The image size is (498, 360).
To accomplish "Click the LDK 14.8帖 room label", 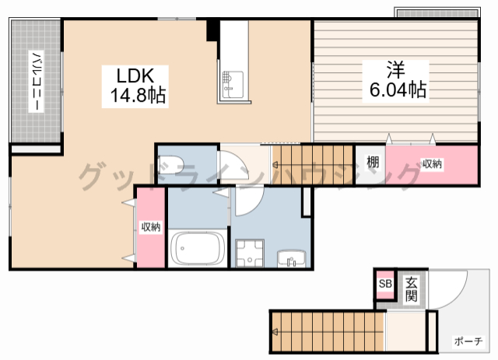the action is click(x=135, y=86).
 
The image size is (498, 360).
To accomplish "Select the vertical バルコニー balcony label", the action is click(x=36, y=82).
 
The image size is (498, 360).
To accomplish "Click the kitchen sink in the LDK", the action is click(x=233, y=84).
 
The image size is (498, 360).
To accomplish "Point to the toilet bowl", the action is click(x=170, y=164).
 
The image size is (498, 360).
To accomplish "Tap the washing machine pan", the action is click(x=250, y=253).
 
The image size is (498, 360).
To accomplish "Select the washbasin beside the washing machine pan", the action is click(x=292, y=259).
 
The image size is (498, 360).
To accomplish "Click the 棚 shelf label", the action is click(x=373, y=162).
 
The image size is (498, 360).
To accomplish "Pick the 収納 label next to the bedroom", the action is click(x=432, y=164).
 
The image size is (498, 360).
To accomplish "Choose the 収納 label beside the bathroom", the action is click(x=151, y=227).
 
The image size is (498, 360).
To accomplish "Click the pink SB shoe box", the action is click(x=385, y=284).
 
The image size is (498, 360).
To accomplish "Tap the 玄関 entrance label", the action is click(x=412, y=289).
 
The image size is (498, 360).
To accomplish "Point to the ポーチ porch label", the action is click(x=468, y=341).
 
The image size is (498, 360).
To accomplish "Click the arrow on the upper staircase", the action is click(x=275, y=165).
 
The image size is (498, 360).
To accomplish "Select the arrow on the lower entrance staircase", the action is click(x=275, y=332).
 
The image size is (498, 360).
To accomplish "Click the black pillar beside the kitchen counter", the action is click(x=212, y=30).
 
